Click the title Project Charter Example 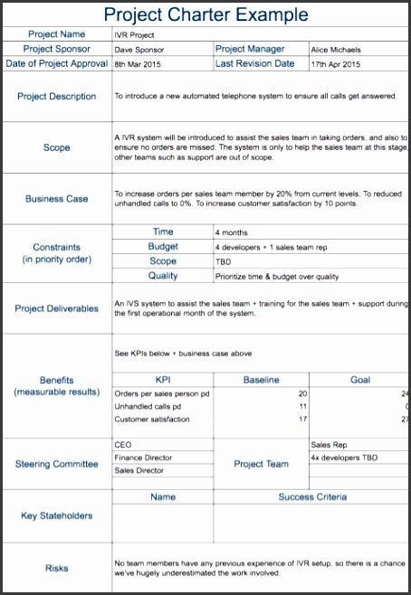(205, 14)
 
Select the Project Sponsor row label (57, 49)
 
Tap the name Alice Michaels (335, 50)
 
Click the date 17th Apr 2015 (336, 64)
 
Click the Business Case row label (57, 199)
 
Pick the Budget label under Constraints (163, 246)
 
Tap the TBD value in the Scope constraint (224, 261)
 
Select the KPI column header (163, 380)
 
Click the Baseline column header (261, 380)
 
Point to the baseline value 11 (302, 407)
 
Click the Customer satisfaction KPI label (152, 420)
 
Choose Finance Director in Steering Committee (143, 458)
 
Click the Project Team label (261, 464)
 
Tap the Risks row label (57, 569)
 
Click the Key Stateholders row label (57, 515)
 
